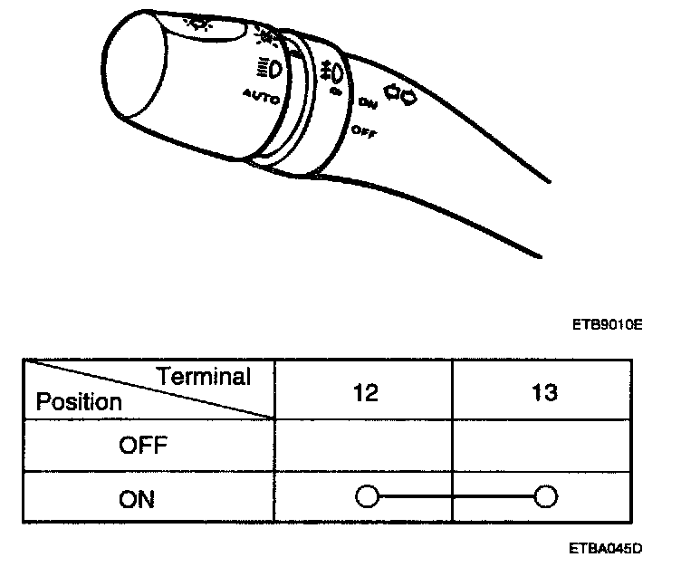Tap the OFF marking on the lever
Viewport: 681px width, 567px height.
click(364, 131)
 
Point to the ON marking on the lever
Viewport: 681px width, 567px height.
click(367, 102)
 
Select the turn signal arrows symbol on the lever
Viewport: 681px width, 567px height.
click(399, 92)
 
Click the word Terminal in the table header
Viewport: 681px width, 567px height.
click(203, 377)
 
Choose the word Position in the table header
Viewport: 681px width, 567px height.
click(79, 401)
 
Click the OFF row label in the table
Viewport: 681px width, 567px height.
click(143, 445)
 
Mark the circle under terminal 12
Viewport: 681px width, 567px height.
click(367, 496)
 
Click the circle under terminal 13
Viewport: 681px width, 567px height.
click(546, 496)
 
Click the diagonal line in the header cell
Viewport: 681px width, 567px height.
click(149, 389)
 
